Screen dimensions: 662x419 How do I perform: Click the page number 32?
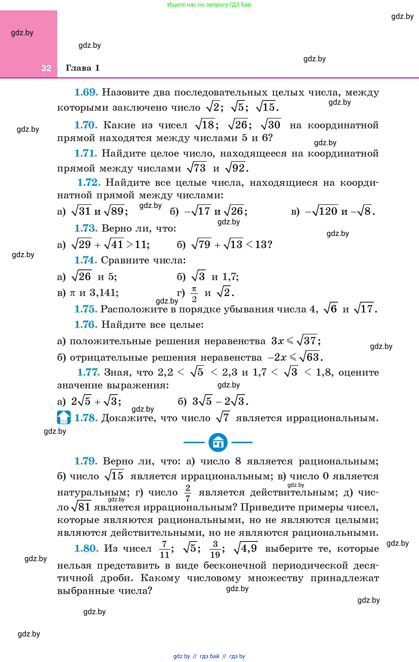tap(46, 68)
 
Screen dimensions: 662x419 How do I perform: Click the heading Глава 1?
tap(83, 68)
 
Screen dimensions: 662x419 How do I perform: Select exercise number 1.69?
tap(86, 92)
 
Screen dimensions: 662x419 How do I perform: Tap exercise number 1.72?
tap(89, 183)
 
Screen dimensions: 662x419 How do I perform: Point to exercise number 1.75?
tap(86, 309)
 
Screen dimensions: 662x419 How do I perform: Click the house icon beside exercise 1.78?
tap(63, 417)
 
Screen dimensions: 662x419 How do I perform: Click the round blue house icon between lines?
tap(218, 442)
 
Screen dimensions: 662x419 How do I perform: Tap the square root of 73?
tap(196, 168)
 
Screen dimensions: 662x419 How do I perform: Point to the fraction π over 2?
tap(194, 294)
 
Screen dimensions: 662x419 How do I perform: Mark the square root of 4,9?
tap(245, 548)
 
